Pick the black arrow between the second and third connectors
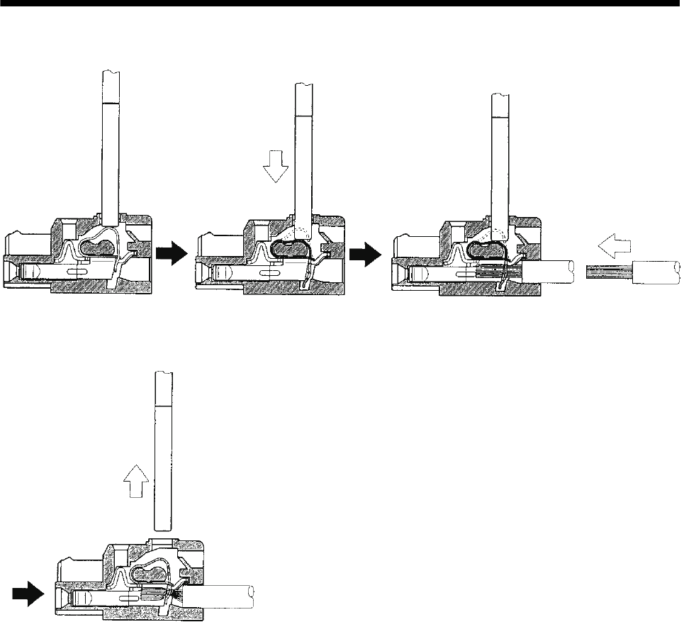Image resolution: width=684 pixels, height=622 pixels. coord(362,254)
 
